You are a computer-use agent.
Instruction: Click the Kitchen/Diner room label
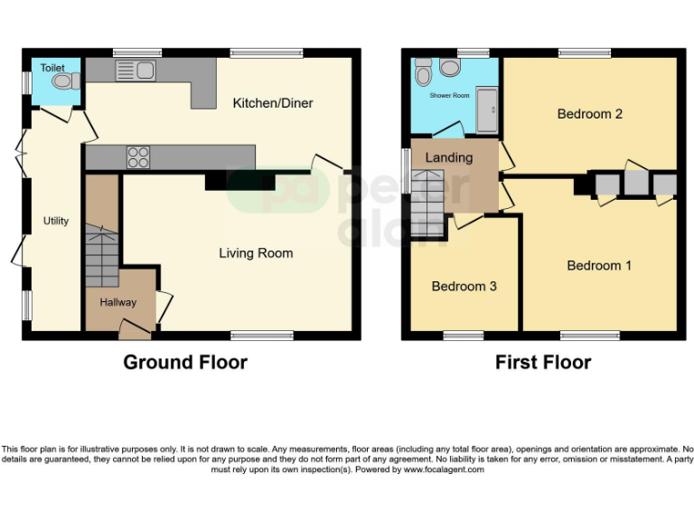tap(273, 103)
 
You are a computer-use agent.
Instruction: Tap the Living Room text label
tap(256, 253)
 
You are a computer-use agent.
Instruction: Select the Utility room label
tap(56, 221)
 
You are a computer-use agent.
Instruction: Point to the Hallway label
tap(117, 302)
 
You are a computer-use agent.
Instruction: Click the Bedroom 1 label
tap(599, 265)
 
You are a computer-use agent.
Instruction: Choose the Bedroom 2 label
tap(589, 114)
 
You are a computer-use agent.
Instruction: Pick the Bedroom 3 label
tap(464, 286)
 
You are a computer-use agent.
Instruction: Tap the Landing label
tap(449, 157)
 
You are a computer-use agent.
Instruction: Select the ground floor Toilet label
tap(52, 67)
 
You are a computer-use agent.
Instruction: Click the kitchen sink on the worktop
tap(136, 69)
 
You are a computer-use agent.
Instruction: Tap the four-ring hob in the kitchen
tap(138, 156)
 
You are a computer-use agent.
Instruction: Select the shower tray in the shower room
tap(485, 111)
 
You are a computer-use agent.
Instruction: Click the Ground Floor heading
tap(184, 363)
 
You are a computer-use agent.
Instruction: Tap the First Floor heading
tap(542, 363)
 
